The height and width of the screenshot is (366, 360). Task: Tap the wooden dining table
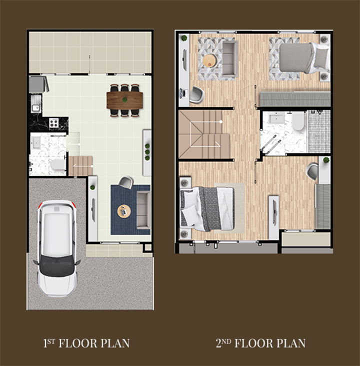pos(124,100)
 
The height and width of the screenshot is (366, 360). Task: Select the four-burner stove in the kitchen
pos(53,122)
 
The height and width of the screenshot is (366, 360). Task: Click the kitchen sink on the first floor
pos(35,108)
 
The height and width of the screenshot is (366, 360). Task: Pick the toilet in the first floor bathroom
pos(56,165)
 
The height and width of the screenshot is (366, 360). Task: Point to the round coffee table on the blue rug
pos(124,211)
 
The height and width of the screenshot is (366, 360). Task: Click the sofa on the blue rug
pos(143,210)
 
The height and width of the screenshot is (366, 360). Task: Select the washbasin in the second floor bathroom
pos(276,119)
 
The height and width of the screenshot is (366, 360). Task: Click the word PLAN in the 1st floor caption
pos(115,343)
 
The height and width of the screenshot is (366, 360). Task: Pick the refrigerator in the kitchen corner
pos(38,84)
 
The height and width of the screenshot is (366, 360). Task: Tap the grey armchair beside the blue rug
pos(126,182)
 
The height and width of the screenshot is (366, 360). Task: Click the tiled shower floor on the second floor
pos(319,131)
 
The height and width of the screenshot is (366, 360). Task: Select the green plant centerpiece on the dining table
pos(125,100)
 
